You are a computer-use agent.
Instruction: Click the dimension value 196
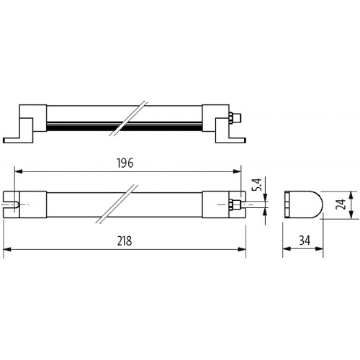click(125, 163)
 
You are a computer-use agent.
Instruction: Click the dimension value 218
click(125, 240)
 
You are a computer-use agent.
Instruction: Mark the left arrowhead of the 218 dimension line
click(7, 249)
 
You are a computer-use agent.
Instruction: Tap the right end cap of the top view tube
click(215, 204)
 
